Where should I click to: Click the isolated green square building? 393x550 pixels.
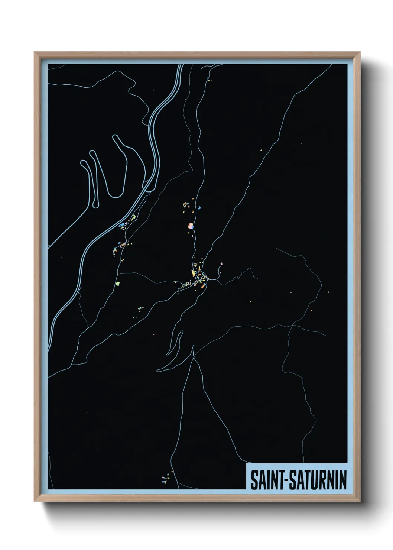point(118,284)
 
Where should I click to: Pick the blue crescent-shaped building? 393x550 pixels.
point(199,208)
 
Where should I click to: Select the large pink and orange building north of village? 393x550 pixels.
point(191,226)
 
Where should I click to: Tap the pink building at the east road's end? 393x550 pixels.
point(221,263)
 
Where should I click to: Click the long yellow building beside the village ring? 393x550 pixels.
point(193,273)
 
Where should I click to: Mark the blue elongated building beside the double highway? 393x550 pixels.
point(121,225)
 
